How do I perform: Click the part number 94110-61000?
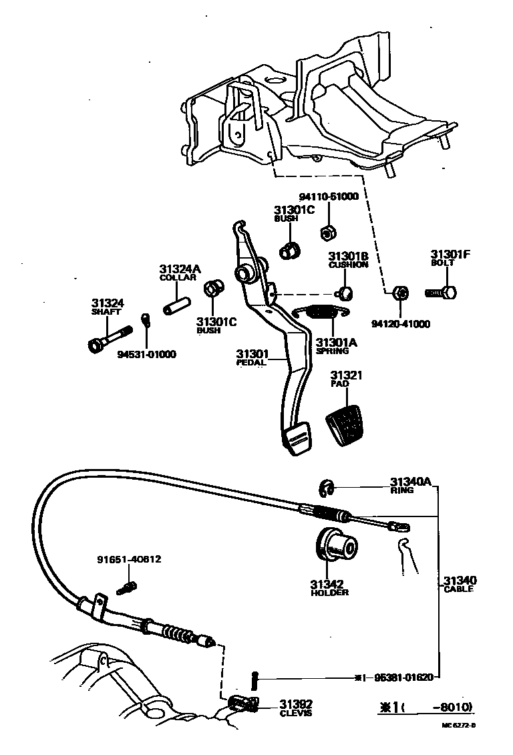328,197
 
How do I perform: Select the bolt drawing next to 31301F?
442,292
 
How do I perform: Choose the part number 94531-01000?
147,354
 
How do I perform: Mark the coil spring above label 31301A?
323,311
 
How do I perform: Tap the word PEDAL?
251,363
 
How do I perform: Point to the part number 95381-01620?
403,677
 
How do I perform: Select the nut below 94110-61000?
327,233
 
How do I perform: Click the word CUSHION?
348,265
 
